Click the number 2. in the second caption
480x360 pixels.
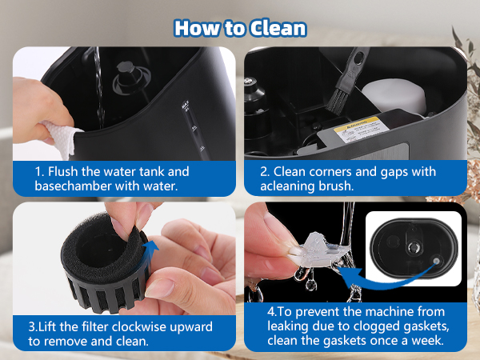coord(266,171)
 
